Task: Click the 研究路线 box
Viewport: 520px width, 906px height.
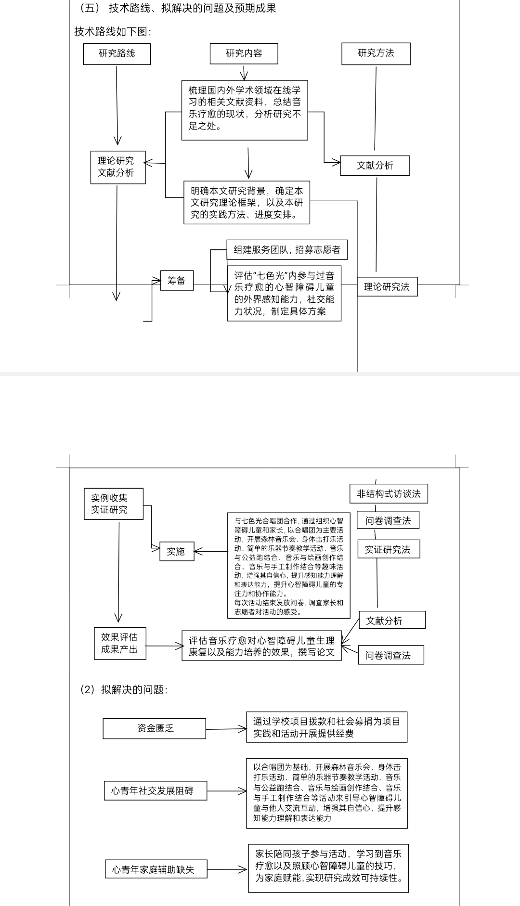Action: [117, 54]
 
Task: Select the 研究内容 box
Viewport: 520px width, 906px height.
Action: [244, 53]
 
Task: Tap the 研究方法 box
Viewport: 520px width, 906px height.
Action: [376, 53]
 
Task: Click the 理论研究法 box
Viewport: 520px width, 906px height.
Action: [387, 287]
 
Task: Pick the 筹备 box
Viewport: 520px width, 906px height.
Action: [177, 280]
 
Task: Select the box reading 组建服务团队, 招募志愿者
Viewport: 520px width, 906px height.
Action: [287, 249]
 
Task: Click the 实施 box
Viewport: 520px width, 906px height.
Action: [176, 551]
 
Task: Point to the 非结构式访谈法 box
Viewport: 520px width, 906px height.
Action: [389, 493]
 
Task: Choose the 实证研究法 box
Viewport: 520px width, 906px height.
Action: [388, 549]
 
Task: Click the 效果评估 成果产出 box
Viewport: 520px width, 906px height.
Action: [119, 643]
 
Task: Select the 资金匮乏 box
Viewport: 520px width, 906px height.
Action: [155, 728]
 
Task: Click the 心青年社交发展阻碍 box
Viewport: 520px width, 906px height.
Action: [155, 790]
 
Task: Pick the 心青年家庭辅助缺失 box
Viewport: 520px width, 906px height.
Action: [156, 869]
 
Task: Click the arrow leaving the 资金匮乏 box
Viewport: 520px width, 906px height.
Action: [226, 729]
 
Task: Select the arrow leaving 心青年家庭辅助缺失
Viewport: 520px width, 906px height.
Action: [227, 869]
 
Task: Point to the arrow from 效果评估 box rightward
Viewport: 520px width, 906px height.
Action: [164, 646]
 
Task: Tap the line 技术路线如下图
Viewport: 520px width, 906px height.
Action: [113, 32]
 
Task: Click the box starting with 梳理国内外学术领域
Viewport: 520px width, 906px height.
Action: [245, 110]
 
